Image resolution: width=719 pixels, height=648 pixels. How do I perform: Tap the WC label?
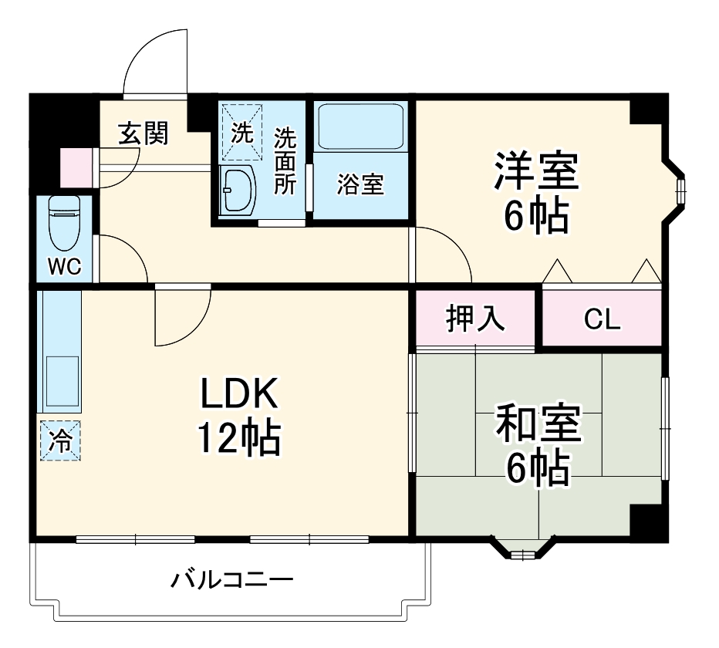(x=65, y=266)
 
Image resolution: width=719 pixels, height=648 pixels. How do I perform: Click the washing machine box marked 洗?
(x=241, y=131)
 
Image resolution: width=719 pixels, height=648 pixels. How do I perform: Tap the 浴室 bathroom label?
(x=360, y=184)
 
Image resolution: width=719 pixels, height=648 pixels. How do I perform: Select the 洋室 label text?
(x=537, y=171)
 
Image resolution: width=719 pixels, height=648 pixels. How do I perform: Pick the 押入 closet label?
(x=475, y=319)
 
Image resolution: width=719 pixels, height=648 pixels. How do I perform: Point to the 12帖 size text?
(x=238, y=438)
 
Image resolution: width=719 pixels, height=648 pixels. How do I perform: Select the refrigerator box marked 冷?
(x=59, y=440)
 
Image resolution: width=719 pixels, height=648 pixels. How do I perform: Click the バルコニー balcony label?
(x=231, y=579)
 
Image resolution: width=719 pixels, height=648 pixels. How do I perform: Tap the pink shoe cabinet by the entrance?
(x=76, y=167)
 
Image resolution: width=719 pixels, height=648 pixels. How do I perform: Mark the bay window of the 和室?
(x=523, y=549)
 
